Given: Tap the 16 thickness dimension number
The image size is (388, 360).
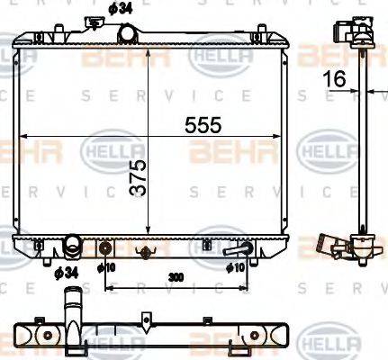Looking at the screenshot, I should click(336, 78).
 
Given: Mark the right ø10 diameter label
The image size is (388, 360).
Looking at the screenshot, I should click(236, 267).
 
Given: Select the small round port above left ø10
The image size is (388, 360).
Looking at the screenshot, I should click(106, 248).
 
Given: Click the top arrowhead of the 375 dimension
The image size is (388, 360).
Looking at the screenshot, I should click(147, 42).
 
